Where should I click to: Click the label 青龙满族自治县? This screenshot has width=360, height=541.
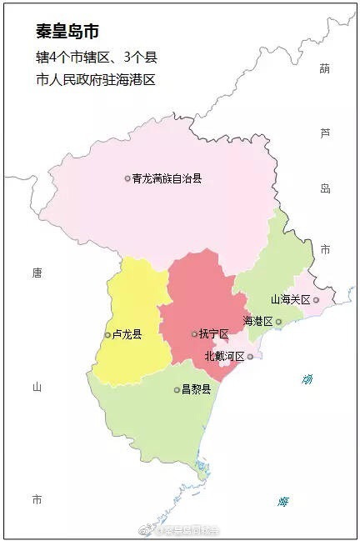tap(167, 178)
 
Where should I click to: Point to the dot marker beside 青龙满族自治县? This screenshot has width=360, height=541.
tap(127, 178)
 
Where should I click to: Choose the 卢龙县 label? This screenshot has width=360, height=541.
tap(126, 335)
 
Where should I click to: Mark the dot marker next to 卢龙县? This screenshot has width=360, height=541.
tap(107, 335)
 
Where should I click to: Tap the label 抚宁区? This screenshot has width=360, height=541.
tap(213, 334)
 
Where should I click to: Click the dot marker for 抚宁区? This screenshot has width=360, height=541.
tap(194, 334)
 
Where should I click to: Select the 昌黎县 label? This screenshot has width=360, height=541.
tap(196, 389)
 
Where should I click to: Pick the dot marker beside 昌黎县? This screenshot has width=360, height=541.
tap(177, 389)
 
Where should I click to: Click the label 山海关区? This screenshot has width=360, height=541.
tap(290, 299)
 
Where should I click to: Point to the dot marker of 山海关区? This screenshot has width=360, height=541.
tap(316, 299)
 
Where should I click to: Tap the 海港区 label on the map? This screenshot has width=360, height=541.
tap(257, 321)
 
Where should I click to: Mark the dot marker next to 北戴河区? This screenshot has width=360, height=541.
tap(250, 356)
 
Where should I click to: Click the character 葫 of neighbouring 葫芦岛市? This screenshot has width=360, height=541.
tap(325, 69)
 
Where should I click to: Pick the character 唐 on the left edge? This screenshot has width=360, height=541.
tap(36, 273)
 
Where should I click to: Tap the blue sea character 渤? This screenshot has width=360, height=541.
tap(307, 381)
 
